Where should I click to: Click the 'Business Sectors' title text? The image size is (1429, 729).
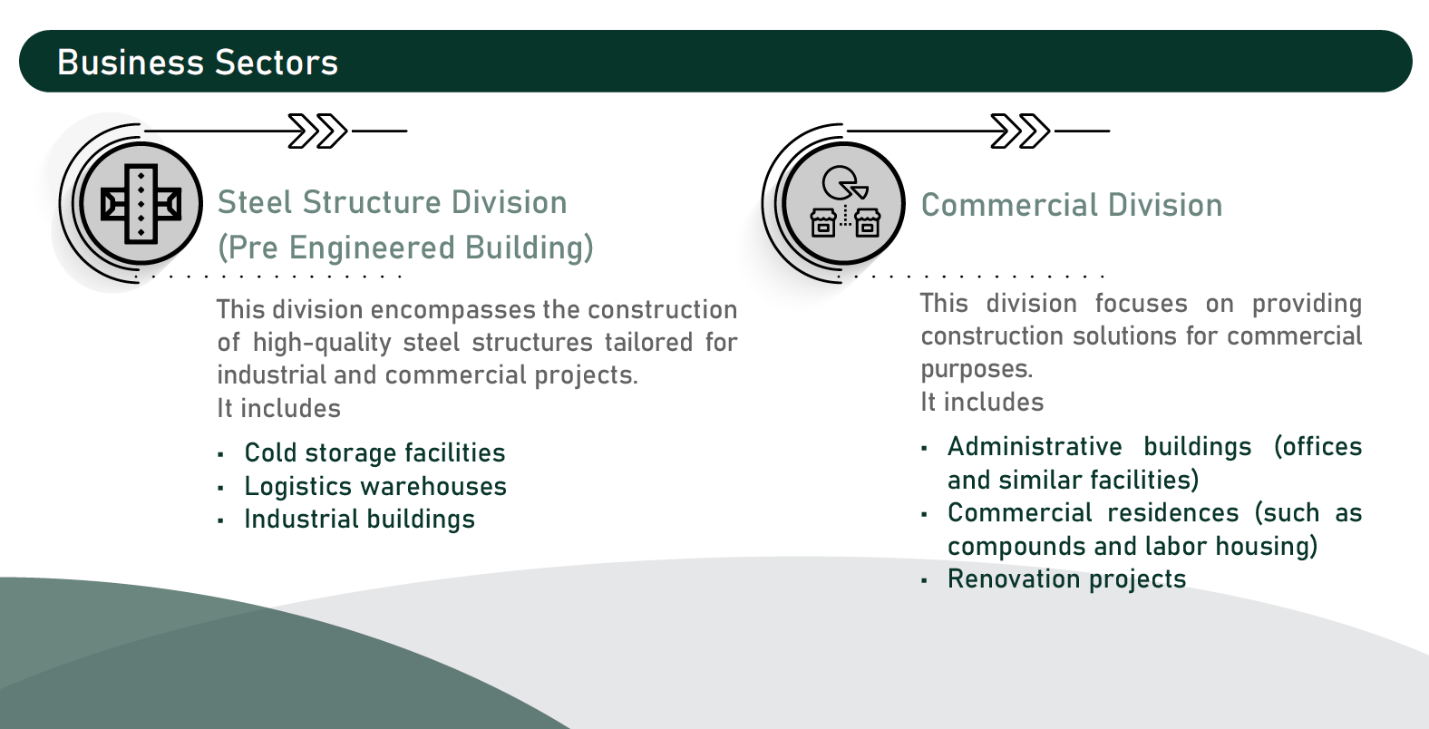[x=198, y=63]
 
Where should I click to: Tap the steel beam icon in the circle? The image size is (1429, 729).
[x=141, y=204]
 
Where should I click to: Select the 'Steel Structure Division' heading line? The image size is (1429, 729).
[x=393, y=203]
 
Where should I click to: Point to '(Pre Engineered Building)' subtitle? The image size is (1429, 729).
[x=405, y=248]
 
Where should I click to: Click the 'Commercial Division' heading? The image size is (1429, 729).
[x=1072, y=205]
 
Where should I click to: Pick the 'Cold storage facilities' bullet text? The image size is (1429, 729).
[x=374, y=453]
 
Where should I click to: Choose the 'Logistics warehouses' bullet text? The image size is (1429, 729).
[x=375, y=487]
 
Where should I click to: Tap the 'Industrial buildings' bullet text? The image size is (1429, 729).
[x=360, y=520]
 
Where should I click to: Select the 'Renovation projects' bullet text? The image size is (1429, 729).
[x=1066, y=579]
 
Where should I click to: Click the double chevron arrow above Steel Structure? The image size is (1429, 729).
[x=317, y=131]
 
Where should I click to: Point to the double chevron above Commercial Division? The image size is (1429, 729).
[x=1020, y=131]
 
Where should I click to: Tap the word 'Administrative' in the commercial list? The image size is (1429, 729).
[x=1035, y=446]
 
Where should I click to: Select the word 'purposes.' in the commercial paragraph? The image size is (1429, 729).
[x=977, y=370]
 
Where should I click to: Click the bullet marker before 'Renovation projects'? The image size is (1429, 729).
[x=924, y=581]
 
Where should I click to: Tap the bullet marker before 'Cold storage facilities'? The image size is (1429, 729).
[x=220, y=455]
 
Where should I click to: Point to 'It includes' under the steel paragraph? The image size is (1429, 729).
[x=278, y=409]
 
